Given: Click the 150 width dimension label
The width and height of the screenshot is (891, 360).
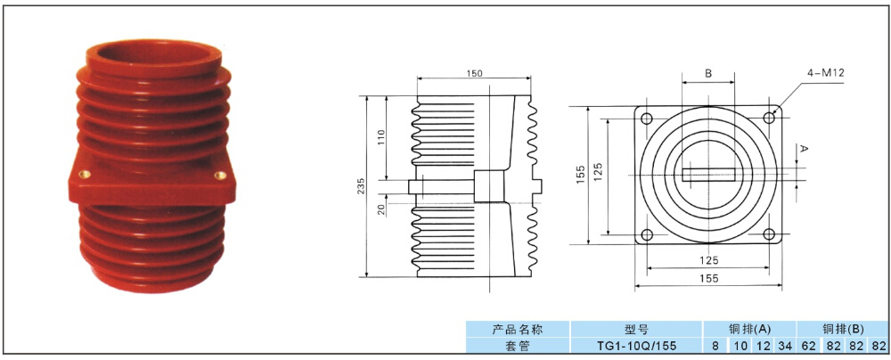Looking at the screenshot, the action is point(475,73).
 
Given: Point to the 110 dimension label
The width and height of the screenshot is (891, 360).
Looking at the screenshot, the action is point(381,137).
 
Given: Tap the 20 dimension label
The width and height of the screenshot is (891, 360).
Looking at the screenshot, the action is point(381,209).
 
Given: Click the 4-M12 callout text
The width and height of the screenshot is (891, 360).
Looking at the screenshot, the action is point(824,73).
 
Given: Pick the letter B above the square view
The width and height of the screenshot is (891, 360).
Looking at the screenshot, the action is point(708,73).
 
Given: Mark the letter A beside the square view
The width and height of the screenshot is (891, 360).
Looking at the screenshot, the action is point(804,149).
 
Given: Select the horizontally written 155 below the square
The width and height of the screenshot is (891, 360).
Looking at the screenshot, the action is point(708,278).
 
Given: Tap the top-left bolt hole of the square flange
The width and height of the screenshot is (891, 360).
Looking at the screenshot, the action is point(647,119).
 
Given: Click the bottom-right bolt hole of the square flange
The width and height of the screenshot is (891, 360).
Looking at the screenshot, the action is point(769,233).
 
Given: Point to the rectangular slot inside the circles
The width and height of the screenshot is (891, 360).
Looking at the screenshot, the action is point(708,175).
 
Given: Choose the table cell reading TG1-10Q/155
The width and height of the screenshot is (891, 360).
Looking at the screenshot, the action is point(636,345).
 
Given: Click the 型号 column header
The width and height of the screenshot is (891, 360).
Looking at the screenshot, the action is point(636,329).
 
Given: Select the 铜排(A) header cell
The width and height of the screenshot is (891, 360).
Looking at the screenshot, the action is point(750,329).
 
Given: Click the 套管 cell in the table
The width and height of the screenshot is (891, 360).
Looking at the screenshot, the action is point(518,345).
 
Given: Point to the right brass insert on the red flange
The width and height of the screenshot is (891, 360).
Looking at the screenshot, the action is point(217,176).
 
